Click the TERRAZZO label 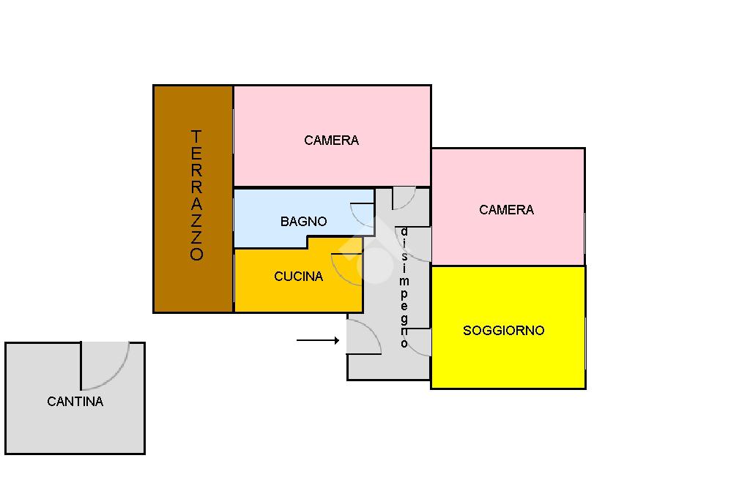[196, 195]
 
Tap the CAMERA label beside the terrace [331, 140]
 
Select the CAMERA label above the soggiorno [506, 210]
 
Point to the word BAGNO [303, 222]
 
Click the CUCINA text [298, 277]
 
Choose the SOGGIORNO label [503, 331]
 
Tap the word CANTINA [75, 402]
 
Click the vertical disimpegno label [404, 288]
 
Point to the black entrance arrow [318, 340]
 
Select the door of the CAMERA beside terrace [404, 197]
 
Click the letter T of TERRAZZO [196, 136]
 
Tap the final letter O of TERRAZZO [196, 255]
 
